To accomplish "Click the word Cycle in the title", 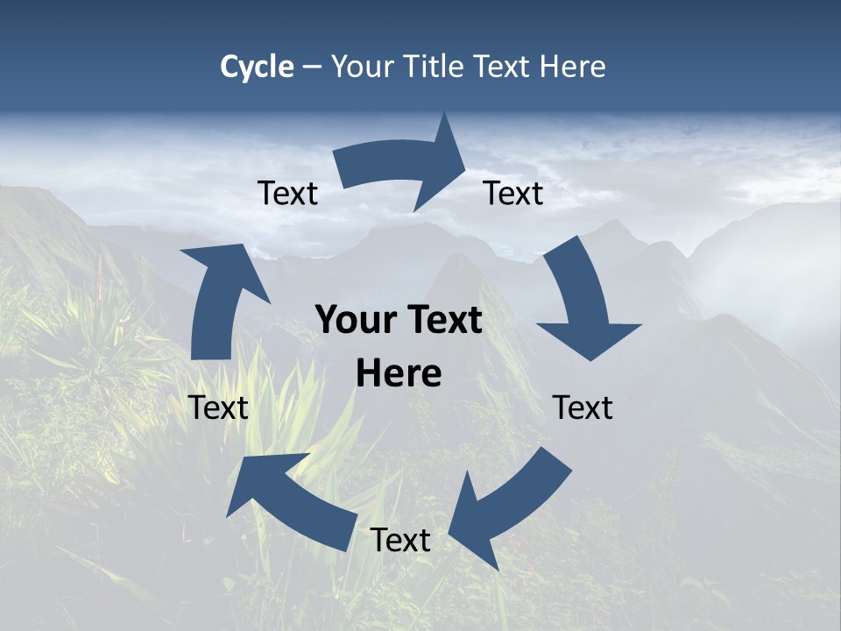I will click(x=257, y=67).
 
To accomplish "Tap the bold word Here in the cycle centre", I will click(x=399, y=374).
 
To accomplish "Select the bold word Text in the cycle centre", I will click(x=440, y=321).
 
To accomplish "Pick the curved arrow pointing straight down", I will click(x=583, y=298).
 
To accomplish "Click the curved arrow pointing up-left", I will click(x=289, y=495).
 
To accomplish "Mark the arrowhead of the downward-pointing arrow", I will click(x=589, y=337).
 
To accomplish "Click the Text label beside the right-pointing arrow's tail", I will click(x=287, y=194).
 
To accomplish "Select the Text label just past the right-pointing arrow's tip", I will click(x=513, y=194).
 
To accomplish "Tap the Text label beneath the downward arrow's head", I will click(x=583, y=408).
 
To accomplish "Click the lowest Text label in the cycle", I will click(x=400, y=541).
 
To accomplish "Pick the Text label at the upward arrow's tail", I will click(x=218, y=408).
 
